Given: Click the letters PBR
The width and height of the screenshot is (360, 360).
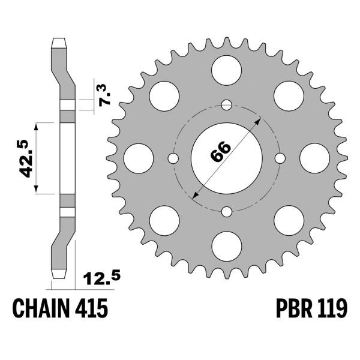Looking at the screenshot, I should tap(287, 309).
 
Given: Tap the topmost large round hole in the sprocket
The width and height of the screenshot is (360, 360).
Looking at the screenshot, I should tap(227, 66).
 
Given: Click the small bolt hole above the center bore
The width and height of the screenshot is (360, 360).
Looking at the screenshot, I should tap(226, 106).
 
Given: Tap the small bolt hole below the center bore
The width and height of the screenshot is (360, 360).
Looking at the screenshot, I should tap(226, 211).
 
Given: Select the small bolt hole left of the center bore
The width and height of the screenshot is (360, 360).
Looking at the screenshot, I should tap(173, 158).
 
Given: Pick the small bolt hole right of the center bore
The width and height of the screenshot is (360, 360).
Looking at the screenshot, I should tap(279, 158).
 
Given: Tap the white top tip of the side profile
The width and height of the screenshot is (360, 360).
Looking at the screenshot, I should tap(60, 43).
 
